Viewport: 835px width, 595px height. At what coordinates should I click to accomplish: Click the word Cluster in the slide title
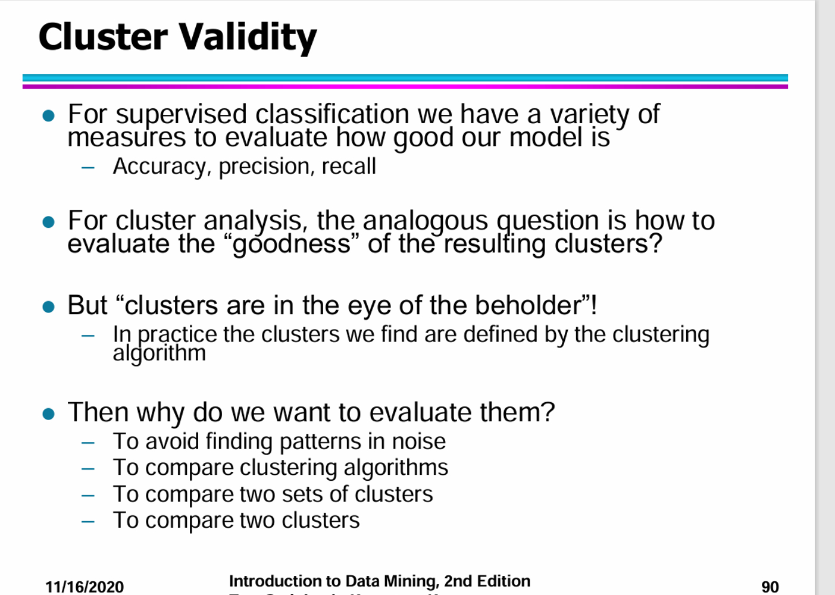coord(103,37)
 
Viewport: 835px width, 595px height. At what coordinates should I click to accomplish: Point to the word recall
coord(349,167)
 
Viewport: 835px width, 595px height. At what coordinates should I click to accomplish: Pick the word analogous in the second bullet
coord(425,221)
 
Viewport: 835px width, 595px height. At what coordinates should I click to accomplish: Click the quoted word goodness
coord(292,244)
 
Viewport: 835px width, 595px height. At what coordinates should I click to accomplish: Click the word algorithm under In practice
coord(160,353)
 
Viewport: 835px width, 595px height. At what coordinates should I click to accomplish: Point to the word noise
coord(418,441)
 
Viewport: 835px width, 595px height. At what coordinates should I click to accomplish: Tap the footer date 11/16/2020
coord(85,587)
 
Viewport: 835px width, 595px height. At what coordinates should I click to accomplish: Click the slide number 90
coord(770,587)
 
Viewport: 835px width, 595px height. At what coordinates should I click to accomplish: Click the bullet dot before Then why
coord(49,414)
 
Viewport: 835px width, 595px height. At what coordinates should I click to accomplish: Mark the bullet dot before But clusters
coord(49,307)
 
